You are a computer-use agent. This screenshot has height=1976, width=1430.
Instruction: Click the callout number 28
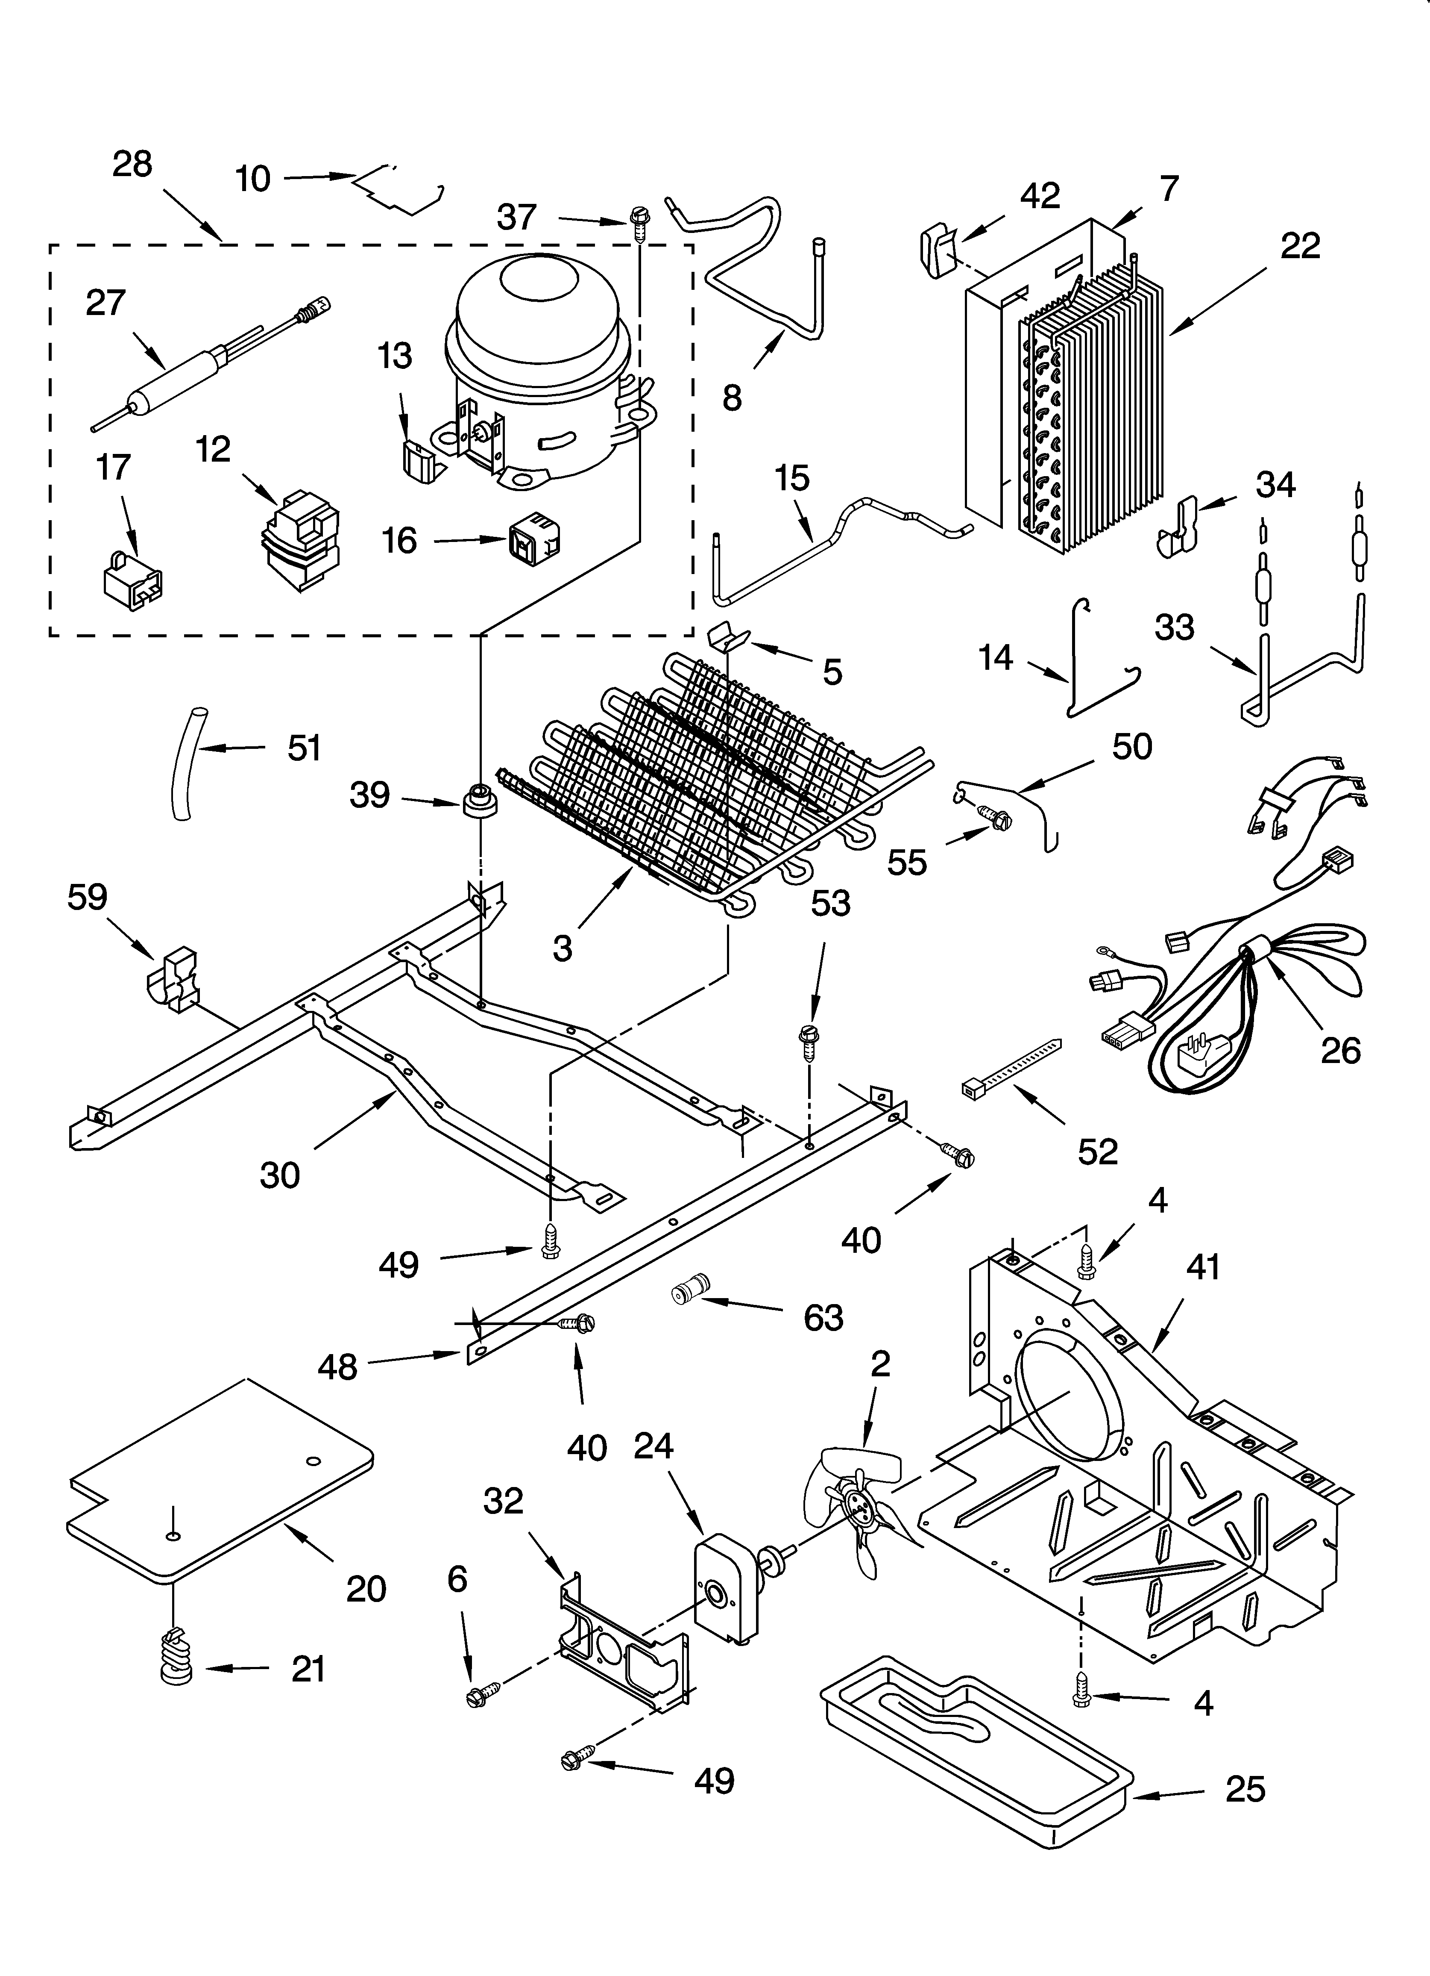[132, 164]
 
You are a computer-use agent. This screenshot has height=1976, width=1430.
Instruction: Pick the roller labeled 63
[691, 1289]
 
